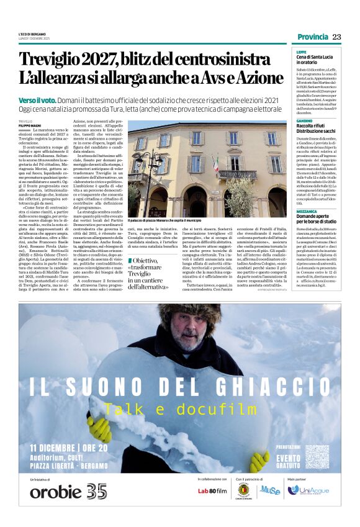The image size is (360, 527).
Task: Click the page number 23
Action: pos(337,37)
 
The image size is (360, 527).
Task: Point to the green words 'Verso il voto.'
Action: pos(38,99)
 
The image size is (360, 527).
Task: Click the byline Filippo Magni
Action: pos(29,126)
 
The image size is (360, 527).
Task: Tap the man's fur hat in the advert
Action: pos(198,317)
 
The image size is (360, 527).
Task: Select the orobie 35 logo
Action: pos(68,491)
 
